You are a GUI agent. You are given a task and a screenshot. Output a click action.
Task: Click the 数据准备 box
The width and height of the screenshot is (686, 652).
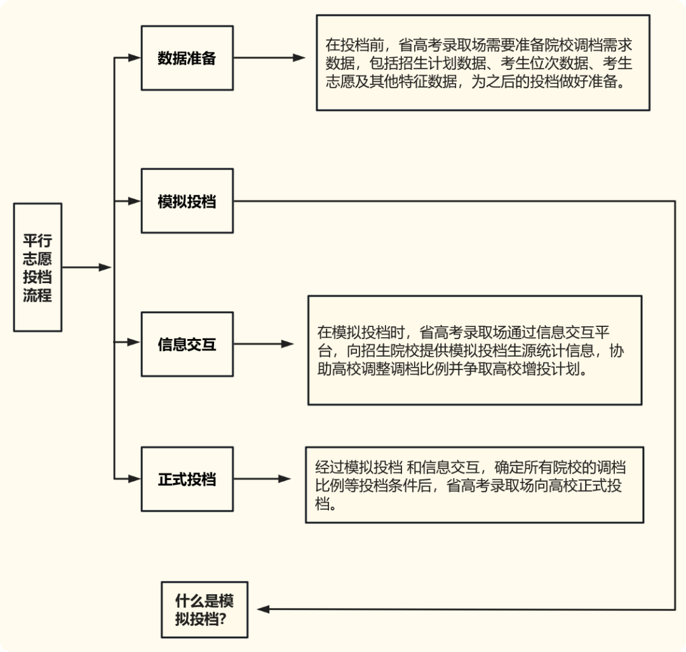(x=187, y=58)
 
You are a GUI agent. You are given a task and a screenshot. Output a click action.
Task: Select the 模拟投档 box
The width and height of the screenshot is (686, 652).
(x=187, y=201)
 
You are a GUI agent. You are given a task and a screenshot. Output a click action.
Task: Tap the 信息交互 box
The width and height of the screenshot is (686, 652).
(x=187, y=344)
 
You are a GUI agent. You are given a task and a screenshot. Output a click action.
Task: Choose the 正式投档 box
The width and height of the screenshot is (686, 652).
(x=187, y=479)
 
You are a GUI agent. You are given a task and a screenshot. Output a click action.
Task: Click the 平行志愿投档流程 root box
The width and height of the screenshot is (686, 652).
(x=37, y=267)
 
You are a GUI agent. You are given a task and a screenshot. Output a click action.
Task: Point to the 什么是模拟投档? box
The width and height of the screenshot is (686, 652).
(x=204, y=609)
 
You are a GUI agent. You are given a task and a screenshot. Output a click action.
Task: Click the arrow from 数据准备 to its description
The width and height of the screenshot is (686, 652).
(x=269, y=58)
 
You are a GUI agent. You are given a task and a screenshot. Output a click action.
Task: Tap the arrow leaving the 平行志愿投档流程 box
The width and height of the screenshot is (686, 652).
(x=86, y=267)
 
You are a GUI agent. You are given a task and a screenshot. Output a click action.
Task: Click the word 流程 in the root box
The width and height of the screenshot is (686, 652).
(x=37, y=295)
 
